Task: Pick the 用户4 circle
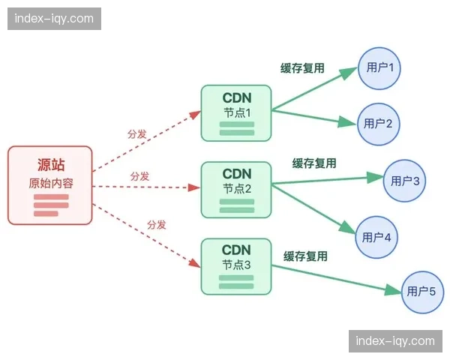(x=376, y=237)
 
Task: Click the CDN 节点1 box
(x=236, y=112)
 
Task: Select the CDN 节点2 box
(x=236, y=189)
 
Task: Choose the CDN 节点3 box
(x=236, y=265)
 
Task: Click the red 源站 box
(x=50, y=185)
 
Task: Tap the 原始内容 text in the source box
(x=50, y=184)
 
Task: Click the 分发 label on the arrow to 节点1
(x=137, y=134)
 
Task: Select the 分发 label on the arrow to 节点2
(x=139, y=176)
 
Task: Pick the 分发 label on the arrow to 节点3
(x=156, y=224)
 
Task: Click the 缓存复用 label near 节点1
(x=302, y=68)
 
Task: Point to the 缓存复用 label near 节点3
(x=305, y=256)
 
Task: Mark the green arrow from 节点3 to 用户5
(x=337, y=279)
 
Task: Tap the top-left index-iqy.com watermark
(x=54, y=18)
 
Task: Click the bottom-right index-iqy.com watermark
(x=395, y=341)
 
